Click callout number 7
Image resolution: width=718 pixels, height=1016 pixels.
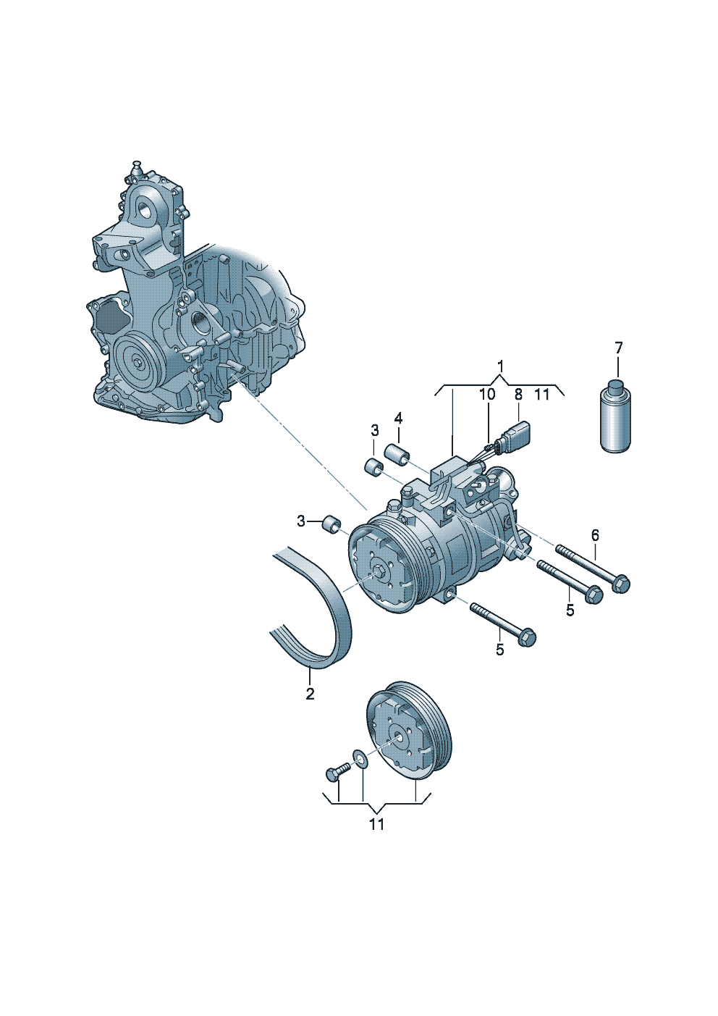click(x=619, y=348)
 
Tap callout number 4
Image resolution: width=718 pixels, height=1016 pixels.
click(x=398, y=418)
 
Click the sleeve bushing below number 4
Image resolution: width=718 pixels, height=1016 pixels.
click(x=397, y=453)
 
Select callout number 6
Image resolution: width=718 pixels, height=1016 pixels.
click(x=595, y=535)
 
